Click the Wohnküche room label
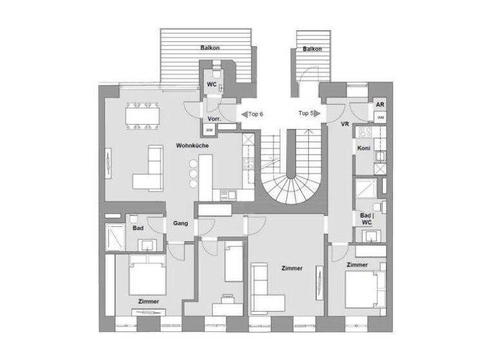[x=191, y=145]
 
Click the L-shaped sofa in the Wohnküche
[x=149, y=170]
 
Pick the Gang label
[x=180, y=224]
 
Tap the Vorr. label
[x=214, y=120]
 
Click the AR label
[x=380, y=105]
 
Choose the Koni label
[x=363, y=148]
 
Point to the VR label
[x=345, y=124]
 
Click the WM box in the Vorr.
[x=209, y=130]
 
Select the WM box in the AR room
[x=380, y=118]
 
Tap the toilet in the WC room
[x=218, y=73]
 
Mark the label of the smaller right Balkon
[x=312, y=49]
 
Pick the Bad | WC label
[x=367, y=218]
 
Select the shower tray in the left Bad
[x=116, y=237]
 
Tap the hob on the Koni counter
[x=365, y=132]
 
